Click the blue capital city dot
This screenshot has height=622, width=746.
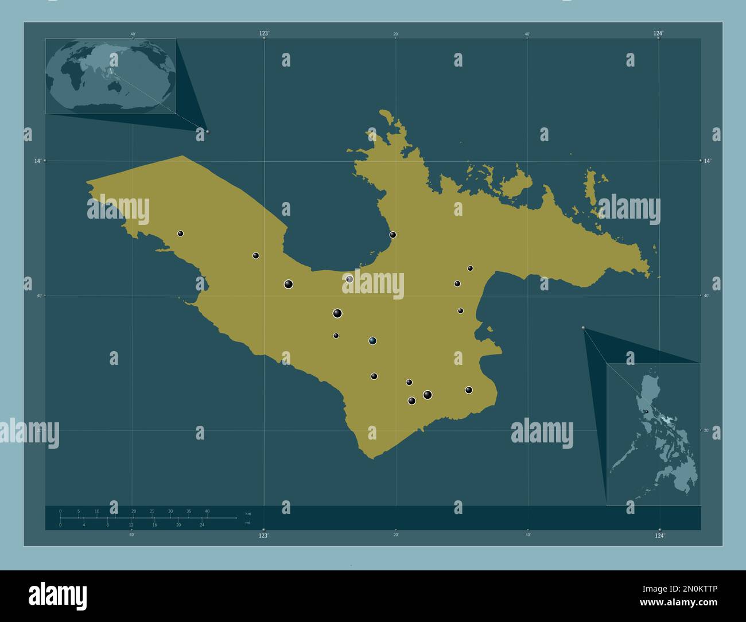pyautogui.click(x=372, y=341)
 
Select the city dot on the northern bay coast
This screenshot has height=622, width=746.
pyautogui.click(x=393, y=234)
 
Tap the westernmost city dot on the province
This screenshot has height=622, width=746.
pyautogui.click(x=180, y=234)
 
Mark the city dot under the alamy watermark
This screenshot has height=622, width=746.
pyautogui.click(x=349, y=279)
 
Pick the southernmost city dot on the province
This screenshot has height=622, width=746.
pyautogui.click(x=411, y=401)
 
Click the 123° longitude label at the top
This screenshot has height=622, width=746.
pyautogui.click(x=263, y=34)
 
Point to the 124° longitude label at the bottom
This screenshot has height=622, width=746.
pyautogui.click(x=659, y=535)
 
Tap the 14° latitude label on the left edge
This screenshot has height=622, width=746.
pyautogui.click(x=37, y=161)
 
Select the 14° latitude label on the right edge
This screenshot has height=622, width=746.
pyautogui.click(x=708, y=161)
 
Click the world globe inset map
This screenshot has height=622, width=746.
pyautogui.click(x=111, y=76)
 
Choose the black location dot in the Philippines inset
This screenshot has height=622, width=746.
pyautogui.click(x=646, y=411)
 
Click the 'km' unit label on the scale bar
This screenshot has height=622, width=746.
pyautogui.click(x=247, y=513)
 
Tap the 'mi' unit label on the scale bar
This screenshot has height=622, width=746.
pyautogui.click(x=247, y=523)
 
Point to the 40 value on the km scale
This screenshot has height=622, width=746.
pyautogui.click(x=207, y=511)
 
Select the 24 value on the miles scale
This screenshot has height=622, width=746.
pyautogui.click(x=202, y=525)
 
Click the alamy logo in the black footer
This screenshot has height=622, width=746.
pyautogui.click(x=57, y=596)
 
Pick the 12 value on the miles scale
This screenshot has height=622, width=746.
pyautogui.click(x=131, y=525)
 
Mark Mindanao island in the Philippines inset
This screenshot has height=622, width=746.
pyautogui.click(x=680, y=473)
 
